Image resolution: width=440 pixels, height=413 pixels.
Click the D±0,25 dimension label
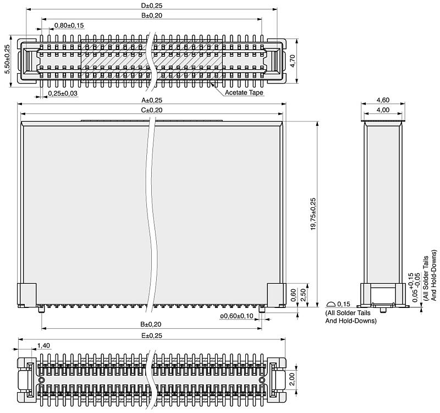(x=152, y=5)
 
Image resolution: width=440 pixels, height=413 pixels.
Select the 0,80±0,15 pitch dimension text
(x=69, y=25)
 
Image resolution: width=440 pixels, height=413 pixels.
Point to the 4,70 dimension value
(x=292, y=61)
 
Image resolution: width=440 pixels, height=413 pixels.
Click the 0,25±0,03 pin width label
(x=63, y=93)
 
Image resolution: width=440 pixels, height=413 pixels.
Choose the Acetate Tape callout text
(x=244, y=92)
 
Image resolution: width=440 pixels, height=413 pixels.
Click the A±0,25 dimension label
(x=152, y=100)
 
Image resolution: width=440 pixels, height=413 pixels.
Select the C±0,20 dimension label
(x=152, y=111)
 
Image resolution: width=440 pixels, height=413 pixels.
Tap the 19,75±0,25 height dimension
(x=313, y=214)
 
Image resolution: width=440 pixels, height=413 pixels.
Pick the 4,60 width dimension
(x=383, y=100)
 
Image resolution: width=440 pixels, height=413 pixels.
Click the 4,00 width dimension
(x=383, y=110)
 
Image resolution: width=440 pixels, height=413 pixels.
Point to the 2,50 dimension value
(x=303, y=295)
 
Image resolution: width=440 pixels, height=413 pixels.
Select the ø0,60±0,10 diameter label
(x=237, y=316)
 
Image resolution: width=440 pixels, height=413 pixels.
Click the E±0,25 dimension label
(x=152, y=335)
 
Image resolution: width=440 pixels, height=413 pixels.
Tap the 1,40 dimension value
(x=43, y=346)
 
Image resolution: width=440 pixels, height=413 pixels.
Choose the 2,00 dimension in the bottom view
(x=292, y=379)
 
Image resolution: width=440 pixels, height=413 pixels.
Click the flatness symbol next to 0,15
(x=331, y=304)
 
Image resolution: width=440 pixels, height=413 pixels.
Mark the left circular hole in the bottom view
(x=42, y=380)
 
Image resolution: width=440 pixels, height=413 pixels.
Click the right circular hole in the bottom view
(x=262, y=380)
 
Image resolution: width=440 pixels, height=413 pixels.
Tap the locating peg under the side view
(x=383, y=310)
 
